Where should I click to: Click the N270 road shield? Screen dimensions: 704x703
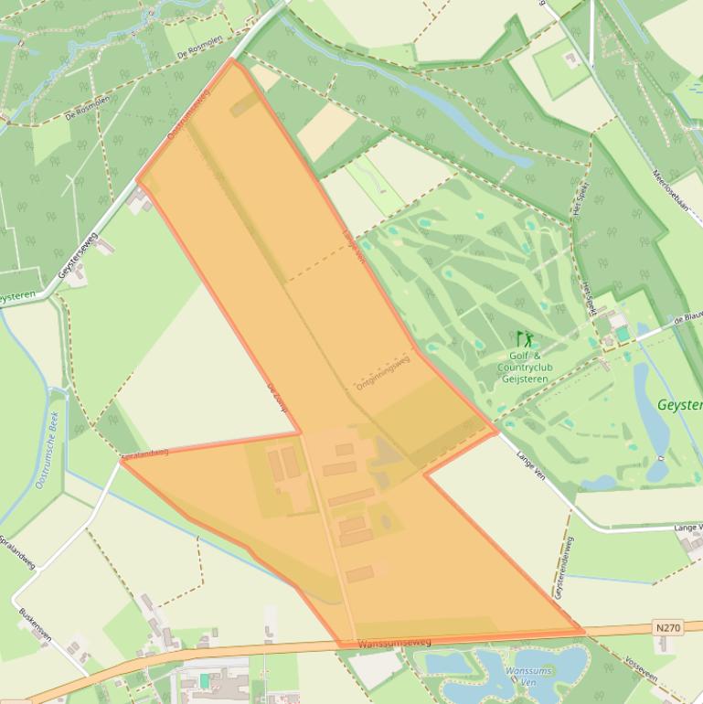[x=668, y=627]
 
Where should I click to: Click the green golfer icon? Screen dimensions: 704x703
[x=524, y=340]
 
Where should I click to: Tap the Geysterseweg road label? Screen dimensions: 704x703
[x=78, y=255]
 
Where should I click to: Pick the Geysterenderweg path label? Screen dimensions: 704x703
[x=564, y=567]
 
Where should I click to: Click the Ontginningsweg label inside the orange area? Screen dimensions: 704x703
[x=383, y=373]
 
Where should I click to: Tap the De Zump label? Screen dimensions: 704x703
[x=277, y=399]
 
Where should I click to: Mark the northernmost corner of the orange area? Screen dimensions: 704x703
[x=234, y=60]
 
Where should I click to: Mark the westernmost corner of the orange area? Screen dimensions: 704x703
[x=122, y=461]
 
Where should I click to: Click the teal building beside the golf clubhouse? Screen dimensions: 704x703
[x=623, y=334]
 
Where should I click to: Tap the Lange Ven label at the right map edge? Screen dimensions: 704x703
[x=687, y=528]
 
